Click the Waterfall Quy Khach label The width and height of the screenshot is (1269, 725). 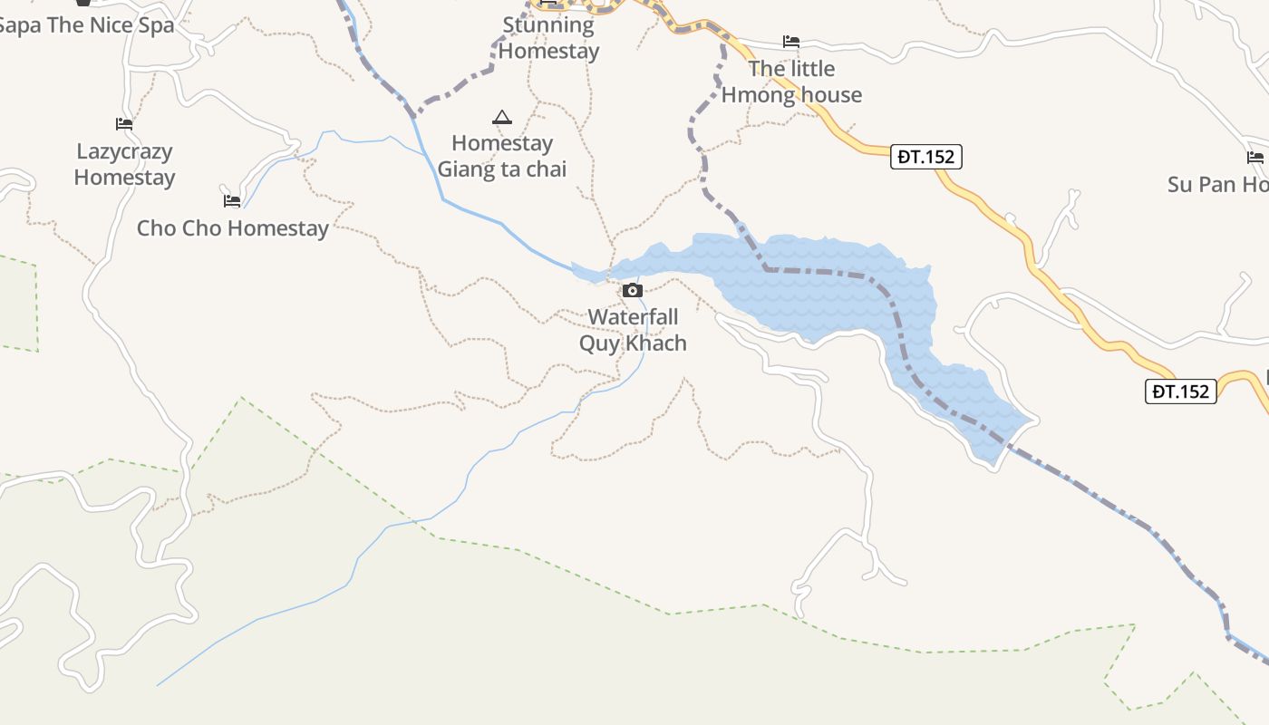(633, 330)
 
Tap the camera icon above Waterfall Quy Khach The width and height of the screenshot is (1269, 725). (633, 291)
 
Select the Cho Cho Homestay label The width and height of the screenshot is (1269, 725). (232, 227)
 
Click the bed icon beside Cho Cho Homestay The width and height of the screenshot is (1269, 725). (232, 200)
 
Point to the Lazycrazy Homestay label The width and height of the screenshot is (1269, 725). (124, 164)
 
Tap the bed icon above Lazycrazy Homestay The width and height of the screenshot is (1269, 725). (124, 123)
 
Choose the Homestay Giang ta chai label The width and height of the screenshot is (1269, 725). (502, 156)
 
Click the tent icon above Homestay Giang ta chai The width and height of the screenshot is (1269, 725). (501, 117)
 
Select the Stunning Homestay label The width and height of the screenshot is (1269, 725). (548, 38)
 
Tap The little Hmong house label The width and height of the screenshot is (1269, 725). (791, 82)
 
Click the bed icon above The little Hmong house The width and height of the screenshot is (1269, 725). (791, 42)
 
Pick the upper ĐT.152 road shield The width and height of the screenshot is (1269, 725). (925, 157)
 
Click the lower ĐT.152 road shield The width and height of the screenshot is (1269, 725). (1180, 391)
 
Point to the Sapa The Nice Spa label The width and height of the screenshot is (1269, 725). (86, 25)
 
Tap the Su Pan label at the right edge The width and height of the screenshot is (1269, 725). (1217, 185)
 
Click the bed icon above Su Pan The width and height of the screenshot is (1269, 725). (1255, 158)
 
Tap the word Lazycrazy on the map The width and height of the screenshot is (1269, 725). (124, 151)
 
